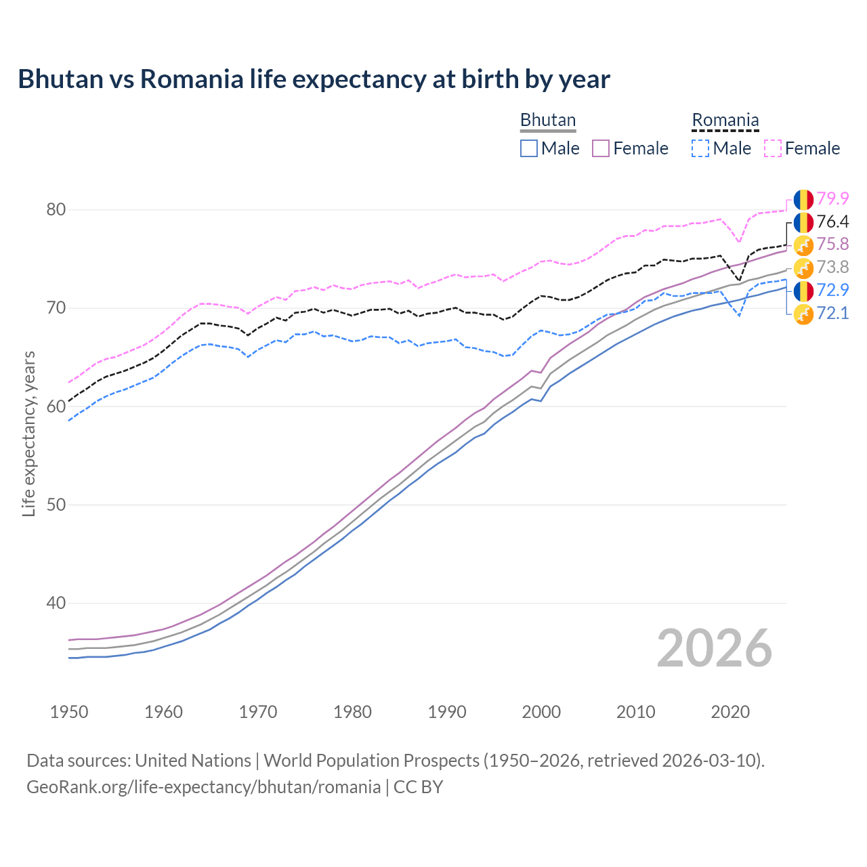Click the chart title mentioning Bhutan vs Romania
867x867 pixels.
(314, 79)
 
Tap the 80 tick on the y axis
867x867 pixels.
(56, 210)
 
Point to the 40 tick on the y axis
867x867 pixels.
(56, 603)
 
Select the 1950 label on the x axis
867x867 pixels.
(69, 712)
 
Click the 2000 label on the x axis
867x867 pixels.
(541, 712)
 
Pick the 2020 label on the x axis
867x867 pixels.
(730, 712)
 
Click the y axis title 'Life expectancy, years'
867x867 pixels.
(28, 433)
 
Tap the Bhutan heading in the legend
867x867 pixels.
(548, 120)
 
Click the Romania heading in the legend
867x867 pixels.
(725, 120)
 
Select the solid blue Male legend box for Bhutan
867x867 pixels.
(529, 148)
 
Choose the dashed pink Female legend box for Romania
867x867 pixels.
(773, 148)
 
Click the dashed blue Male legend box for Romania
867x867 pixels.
(700, 148)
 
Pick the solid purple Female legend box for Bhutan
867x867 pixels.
(601, 148)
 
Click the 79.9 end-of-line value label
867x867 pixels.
(832, 198)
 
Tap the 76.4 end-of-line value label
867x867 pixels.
(832, 221)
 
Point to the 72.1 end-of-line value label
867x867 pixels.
(832, 313)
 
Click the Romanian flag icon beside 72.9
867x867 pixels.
(803, 291)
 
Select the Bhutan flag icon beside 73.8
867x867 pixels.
(803, 268)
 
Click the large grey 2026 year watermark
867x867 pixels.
(715, 648)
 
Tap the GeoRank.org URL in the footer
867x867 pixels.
(203, 787)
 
